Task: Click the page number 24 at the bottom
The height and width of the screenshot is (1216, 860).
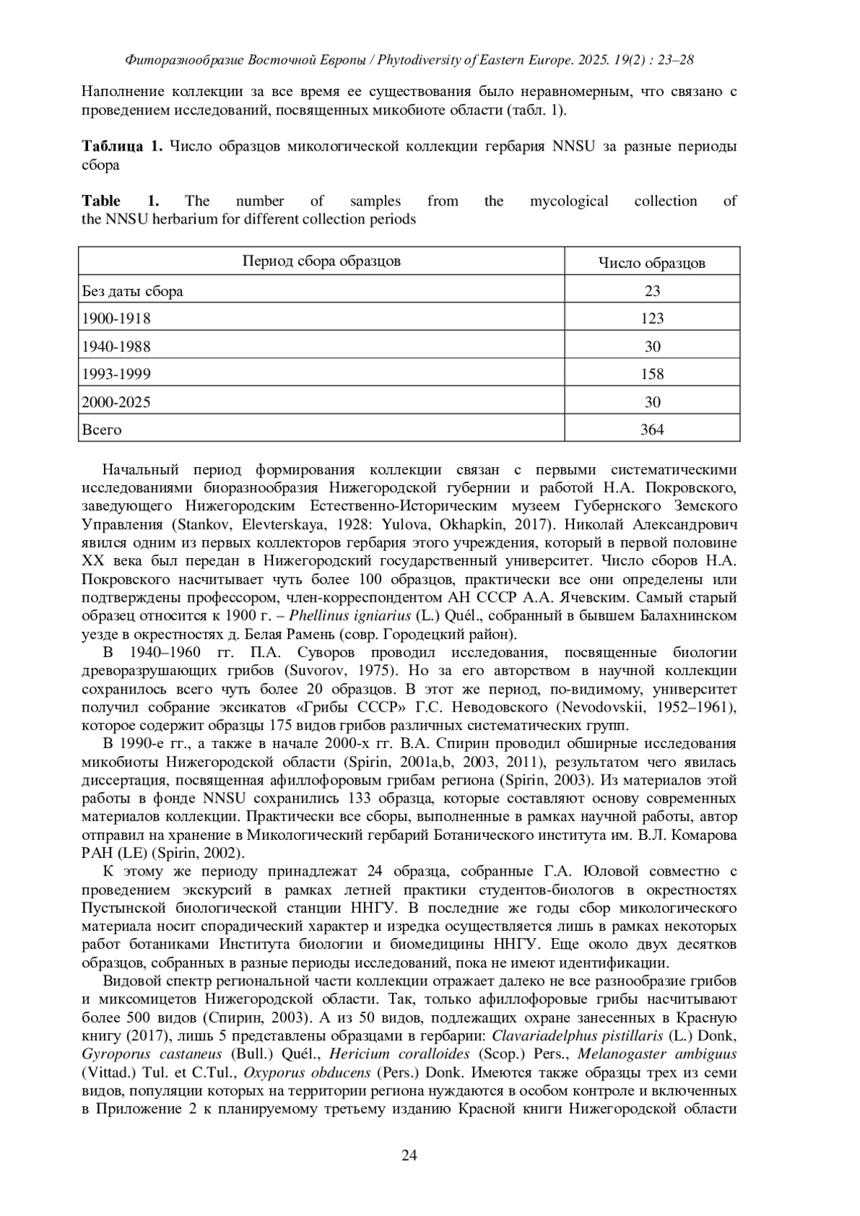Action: point(409,1154)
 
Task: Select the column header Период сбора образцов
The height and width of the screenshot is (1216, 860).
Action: point(321,261)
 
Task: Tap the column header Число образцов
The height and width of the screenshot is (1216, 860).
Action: point(651,263)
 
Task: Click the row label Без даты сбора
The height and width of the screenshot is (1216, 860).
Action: point(133,291)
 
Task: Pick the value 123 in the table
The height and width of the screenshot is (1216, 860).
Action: point(652,318)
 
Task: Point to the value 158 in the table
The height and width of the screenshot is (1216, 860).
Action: point(652,374)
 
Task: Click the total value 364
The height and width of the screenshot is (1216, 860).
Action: point(652,430)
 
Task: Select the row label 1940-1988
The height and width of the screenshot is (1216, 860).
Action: point(116,347)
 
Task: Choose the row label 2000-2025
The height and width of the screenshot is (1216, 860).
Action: point(116,402)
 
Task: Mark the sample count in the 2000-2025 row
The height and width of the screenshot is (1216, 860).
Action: point(652,402)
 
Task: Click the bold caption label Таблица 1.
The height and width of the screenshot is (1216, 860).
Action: point(123,147)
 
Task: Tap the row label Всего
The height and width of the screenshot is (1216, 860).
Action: point(102,430)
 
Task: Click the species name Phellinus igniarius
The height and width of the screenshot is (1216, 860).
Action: point(350,616)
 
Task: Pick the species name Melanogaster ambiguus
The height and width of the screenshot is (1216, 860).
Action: point(656,1054)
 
